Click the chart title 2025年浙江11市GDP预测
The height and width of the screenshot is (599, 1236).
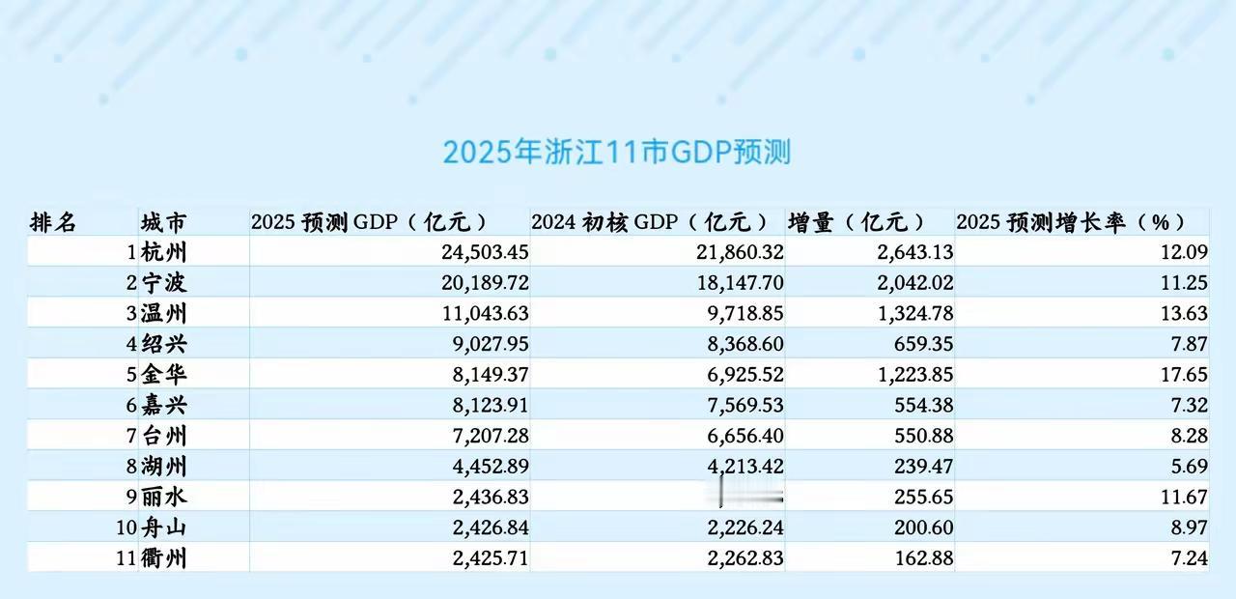617,153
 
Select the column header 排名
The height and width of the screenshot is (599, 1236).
53,221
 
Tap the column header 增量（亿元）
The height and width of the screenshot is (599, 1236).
857,221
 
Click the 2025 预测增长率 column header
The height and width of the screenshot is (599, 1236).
1070,221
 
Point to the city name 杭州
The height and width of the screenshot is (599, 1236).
164,253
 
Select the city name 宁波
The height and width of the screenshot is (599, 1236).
164,283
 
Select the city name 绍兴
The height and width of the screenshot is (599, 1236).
164,345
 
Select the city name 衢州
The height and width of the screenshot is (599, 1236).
164,558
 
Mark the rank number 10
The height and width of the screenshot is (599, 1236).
124,528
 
